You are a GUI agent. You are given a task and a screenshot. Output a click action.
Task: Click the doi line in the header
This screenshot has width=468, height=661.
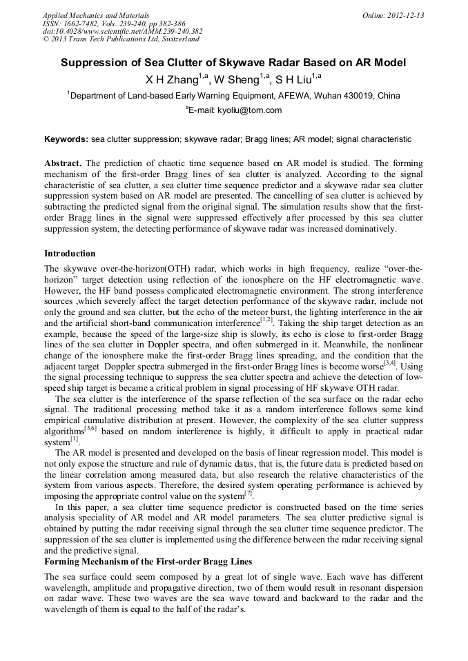122,31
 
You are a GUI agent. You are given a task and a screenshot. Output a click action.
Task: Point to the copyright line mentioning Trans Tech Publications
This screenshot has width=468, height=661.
121,39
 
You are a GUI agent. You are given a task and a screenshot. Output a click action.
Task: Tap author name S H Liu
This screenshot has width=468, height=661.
294,79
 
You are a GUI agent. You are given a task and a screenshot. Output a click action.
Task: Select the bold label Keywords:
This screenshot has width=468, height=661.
66,139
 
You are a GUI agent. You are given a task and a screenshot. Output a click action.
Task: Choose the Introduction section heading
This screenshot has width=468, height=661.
70,254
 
